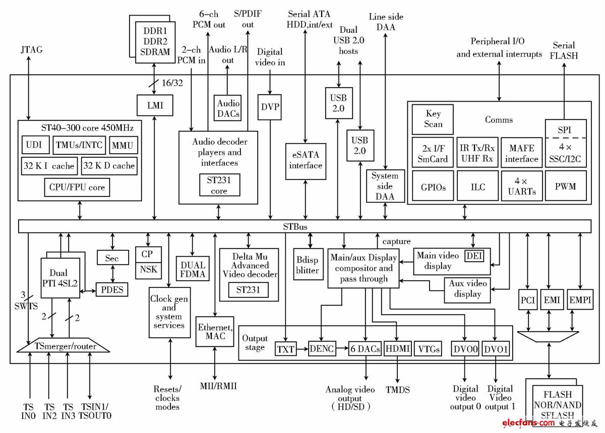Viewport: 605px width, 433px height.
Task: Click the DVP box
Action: click(271, 107)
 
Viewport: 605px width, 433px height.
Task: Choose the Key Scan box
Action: click(433, 119)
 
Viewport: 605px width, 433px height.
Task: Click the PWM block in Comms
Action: click(565, 186)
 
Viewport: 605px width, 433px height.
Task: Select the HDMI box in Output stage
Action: click(397, 348)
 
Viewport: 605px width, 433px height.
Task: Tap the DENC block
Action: click(322, 348)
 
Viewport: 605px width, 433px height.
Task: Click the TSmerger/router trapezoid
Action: click(64, 346)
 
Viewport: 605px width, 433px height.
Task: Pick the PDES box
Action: click(112, 290)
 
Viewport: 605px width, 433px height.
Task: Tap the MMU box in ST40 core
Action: click(123, 146)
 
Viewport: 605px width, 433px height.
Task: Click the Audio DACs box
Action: click(228, 108)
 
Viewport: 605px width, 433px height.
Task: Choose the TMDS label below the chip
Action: click(397, 390)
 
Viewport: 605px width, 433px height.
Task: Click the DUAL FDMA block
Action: click(192, 270)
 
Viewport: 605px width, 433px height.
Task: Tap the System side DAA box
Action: click(385, 186)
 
